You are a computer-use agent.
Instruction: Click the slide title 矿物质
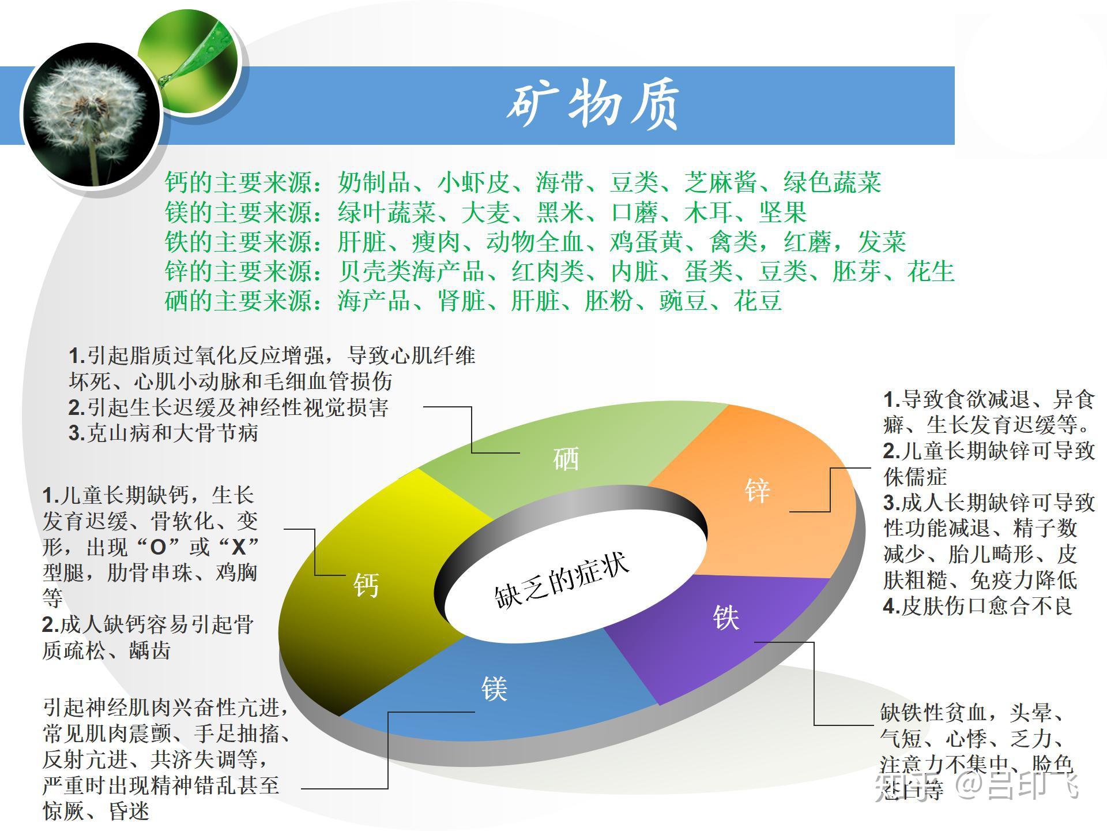point(593,106)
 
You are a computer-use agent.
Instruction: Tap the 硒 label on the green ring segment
point(566,459)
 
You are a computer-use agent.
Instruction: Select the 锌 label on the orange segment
point(757,491)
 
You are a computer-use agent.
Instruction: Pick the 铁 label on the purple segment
point(726,617)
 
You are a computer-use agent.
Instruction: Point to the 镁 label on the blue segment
point(494,688)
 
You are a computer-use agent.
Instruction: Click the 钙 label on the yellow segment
point(366,585)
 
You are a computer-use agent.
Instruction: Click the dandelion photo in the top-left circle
point(91,115)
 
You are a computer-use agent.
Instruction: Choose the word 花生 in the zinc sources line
point(931,271)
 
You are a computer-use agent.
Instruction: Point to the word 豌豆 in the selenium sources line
point(684,301)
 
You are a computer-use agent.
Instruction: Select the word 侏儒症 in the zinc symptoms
point(915,477)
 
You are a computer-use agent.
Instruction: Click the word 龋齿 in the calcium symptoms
point(149,650)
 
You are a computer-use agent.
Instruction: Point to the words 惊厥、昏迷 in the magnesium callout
point(96,811)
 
